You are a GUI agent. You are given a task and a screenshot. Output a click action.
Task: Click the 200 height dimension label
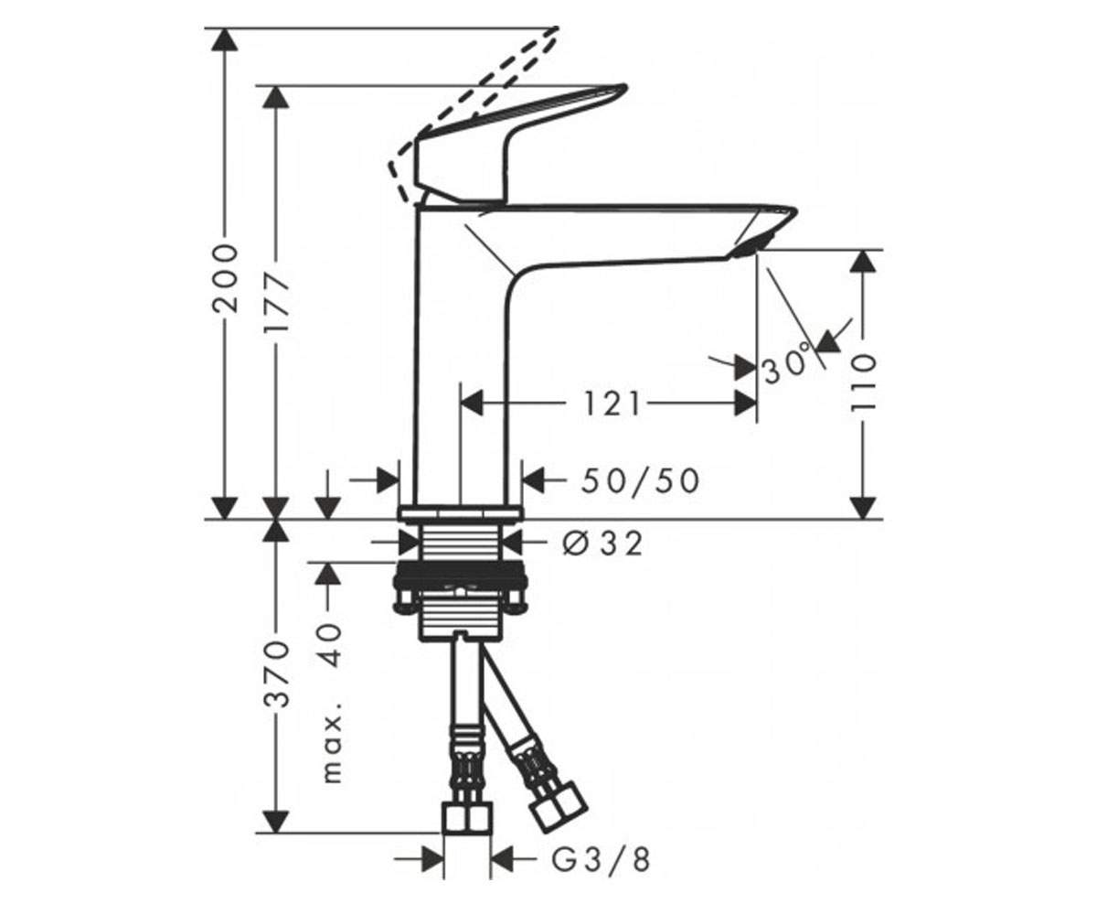[x=226, y=278]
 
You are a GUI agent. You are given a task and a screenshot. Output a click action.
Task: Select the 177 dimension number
[x=276, y=302]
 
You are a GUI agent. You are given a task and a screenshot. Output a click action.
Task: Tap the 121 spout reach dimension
[x=612, y=404]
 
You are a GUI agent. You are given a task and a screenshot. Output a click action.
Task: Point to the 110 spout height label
[x=863, y=382]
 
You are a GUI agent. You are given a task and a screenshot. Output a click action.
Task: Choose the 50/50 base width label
[x=640, y=480]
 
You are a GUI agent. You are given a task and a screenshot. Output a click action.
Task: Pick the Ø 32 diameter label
[x=602, y=544]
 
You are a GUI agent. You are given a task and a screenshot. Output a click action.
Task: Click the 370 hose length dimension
[x=276, y=673]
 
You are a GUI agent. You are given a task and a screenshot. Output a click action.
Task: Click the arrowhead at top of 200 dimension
[x=225, y=40]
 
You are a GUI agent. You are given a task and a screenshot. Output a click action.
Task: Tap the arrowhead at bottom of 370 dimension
[x=276, y=821]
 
